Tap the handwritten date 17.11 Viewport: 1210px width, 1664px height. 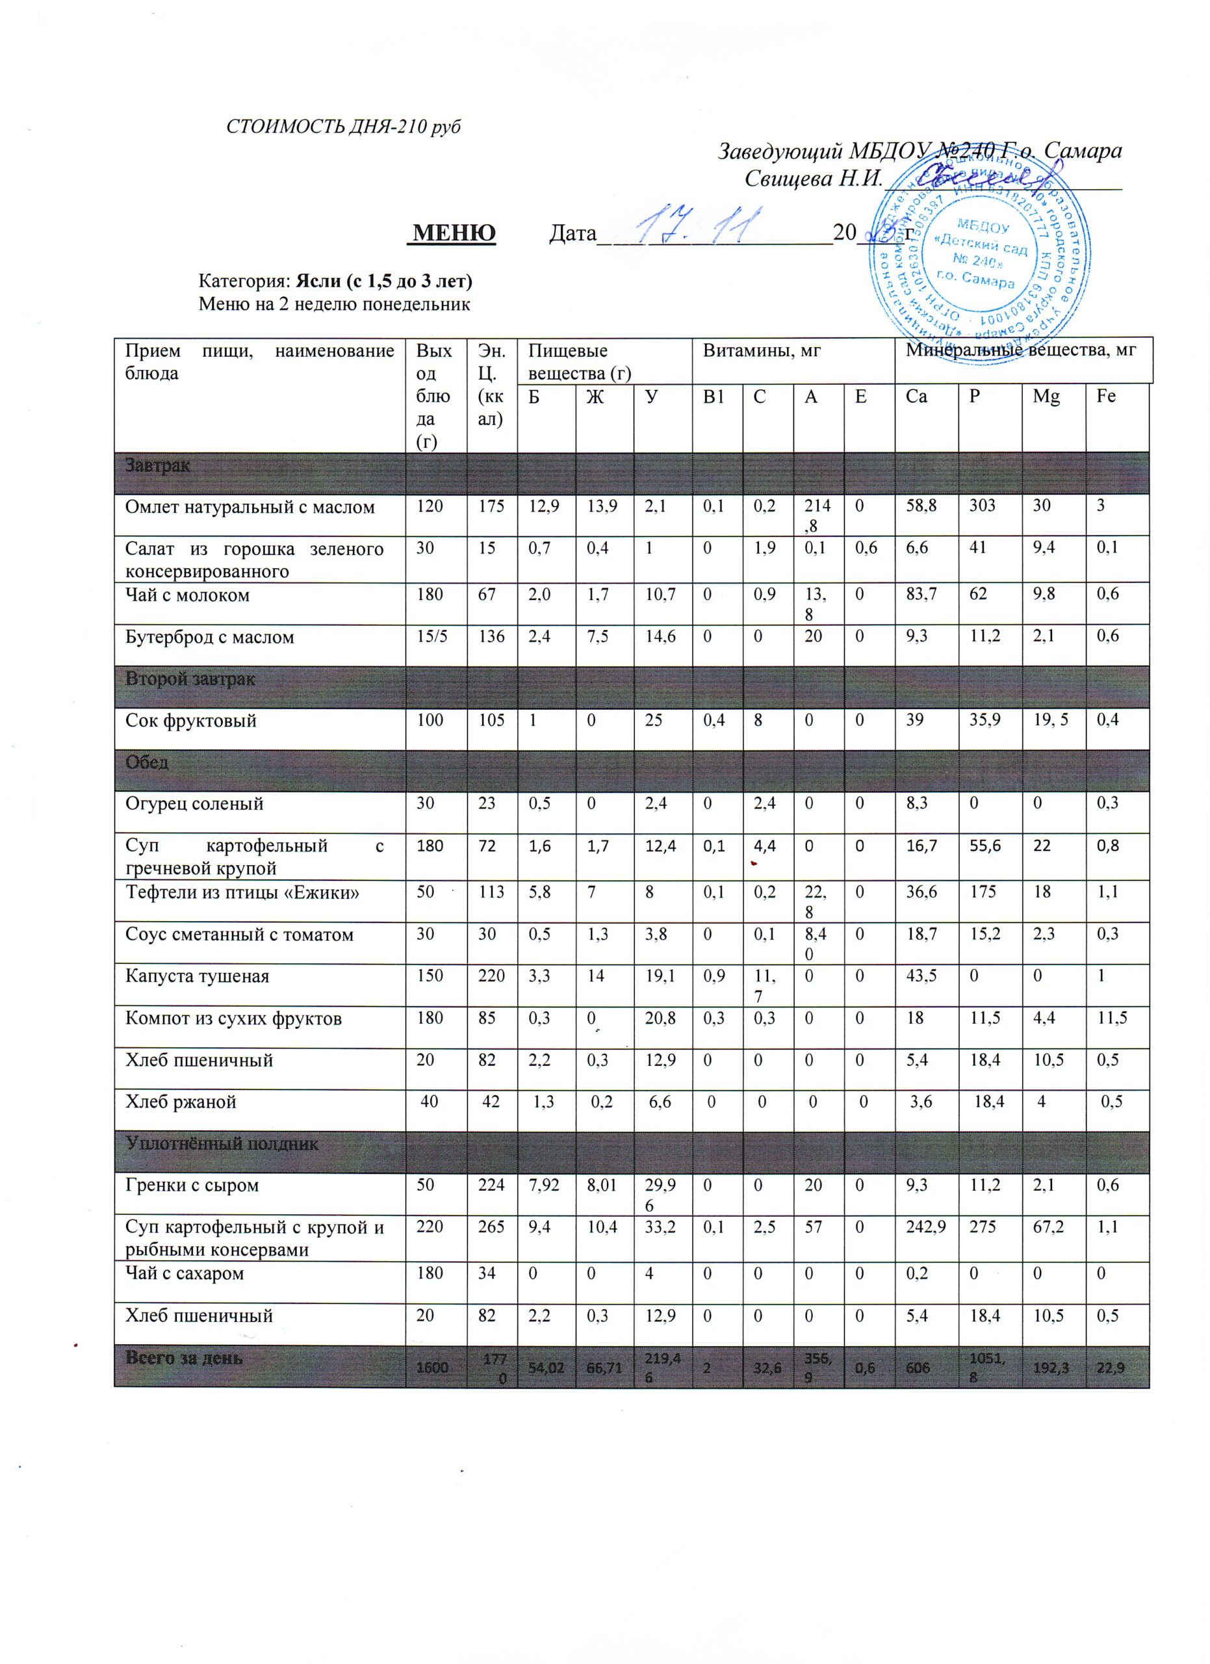tap(697, 224)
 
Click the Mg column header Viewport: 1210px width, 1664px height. tap(1046, 397)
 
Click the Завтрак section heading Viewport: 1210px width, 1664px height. tap(158, 465)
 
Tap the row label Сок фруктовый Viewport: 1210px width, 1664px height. tap(190, 720)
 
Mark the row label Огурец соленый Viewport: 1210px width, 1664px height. tap(194, 803)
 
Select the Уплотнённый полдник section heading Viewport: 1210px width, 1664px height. tap(222, 1144)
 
